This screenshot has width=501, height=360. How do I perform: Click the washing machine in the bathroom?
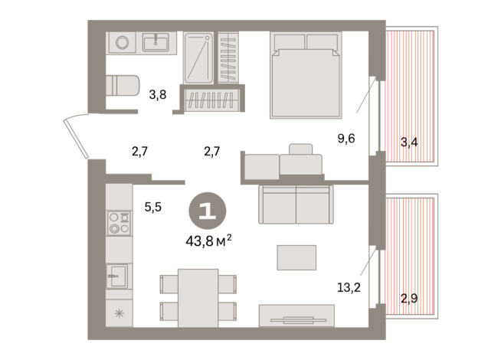122,43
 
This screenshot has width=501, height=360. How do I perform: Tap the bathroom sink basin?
159,42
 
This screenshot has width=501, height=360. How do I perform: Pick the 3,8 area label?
157,96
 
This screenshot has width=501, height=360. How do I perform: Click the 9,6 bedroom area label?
347,139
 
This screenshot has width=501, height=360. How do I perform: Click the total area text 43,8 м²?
209,241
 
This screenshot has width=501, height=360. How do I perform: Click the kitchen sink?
118,274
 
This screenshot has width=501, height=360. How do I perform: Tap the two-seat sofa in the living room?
295,204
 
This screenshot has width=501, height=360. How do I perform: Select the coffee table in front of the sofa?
296,257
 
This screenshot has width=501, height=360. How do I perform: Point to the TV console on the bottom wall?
296,316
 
